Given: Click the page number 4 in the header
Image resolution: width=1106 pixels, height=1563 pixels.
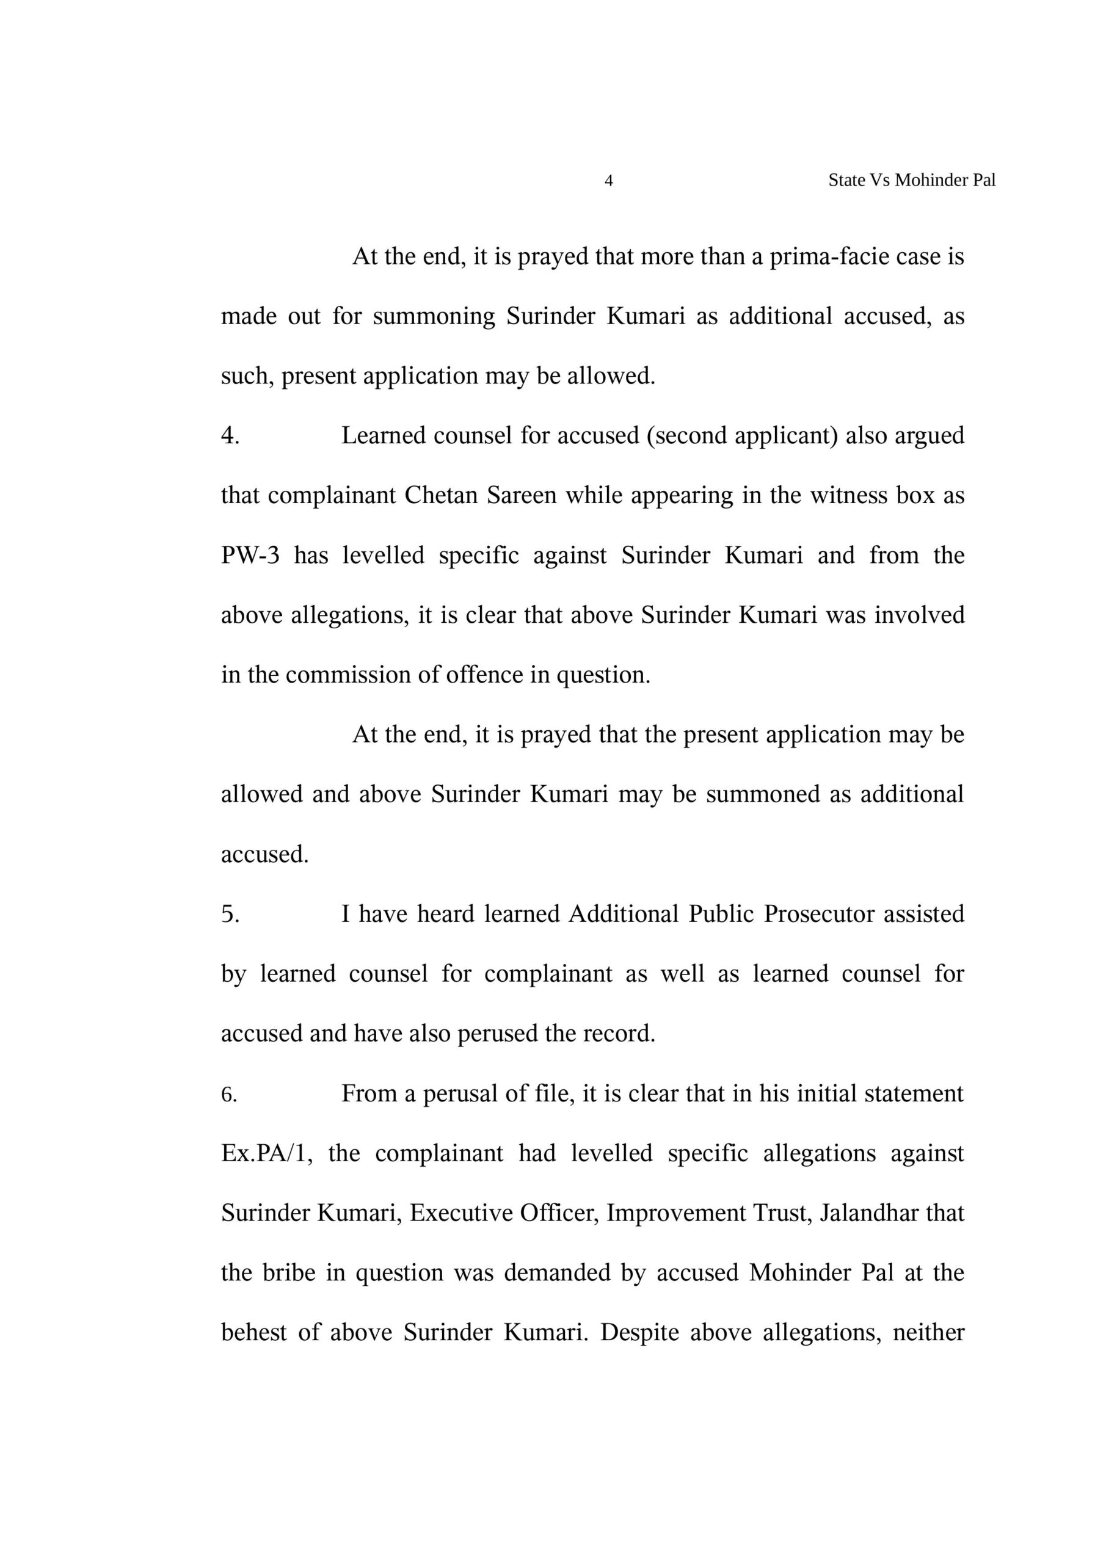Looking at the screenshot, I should click(x=609, y=180).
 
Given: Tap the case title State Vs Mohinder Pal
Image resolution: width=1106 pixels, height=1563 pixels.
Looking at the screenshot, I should click(x=911, y=180).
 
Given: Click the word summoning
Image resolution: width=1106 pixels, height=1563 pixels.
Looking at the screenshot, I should click(x=433, y=316).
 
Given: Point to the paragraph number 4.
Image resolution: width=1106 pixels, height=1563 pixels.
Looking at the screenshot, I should click(x=230, y=436).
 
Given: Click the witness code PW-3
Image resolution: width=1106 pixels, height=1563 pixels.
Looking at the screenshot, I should click(x=250, y=556).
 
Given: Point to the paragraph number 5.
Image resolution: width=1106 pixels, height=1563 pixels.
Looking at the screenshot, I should click(x=230, y=914).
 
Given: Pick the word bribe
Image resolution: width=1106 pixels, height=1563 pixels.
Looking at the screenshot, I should click(x=289, y=1273).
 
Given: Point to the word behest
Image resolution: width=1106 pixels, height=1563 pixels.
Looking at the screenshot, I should click(x=253, y=1332).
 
